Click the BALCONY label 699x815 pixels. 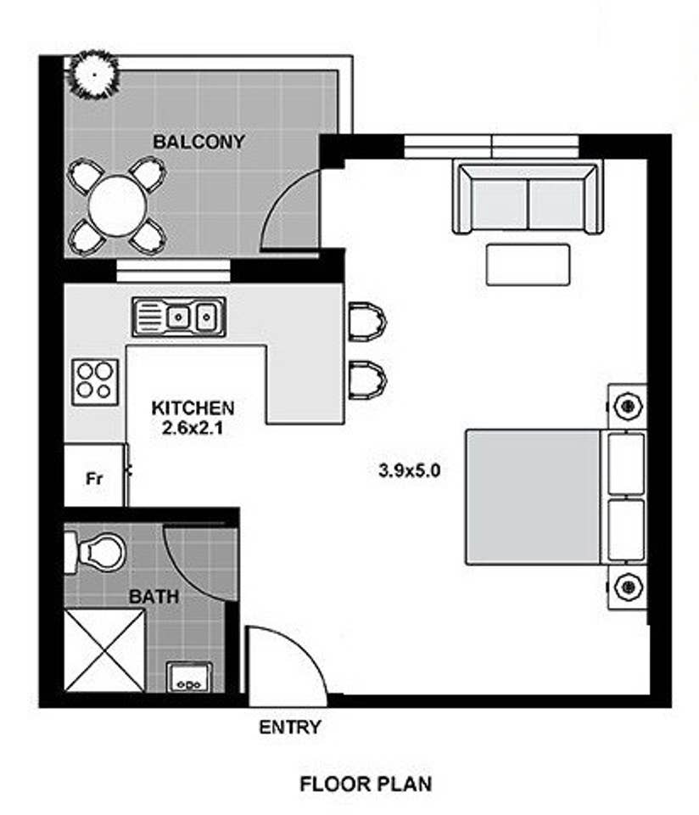(199, 142)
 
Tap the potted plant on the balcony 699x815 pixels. (94, 75)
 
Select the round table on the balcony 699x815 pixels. (117, 205)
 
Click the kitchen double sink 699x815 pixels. (179, 316)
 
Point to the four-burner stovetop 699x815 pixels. (95, 381)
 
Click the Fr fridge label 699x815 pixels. (94, 478)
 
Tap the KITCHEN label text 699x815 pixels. (193, 408)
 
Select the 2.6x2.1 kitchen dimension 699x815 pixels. (193, 428)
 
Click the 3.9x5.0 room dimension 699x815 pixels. (409, 470)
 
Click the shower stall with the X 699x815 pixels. (104, 650)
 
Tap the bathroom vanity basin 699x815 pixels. (189, 677)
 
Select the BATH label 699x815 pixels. (154, 597)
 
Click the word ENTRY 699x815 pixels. (290, 728)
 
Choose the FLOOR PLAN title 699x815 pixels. (366, 784)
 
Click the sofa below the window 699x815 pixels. (528, 197)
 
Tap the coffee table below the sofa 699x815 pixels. (528, 265)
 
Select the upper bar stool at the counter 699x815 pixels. (366, 322)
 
